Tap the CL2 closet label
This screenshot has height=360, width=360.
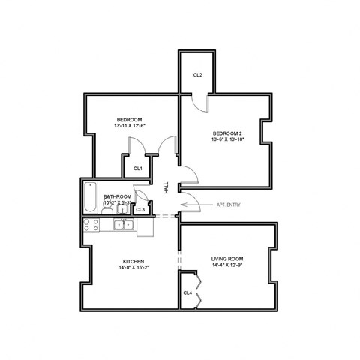[x=197, y=75]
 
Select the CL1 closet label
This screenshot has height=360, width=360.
[x=138, y=169]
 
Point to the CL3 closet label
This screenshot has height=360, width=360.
[x=140, y=209]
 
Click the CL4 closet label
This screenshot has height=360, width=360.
[x=187, y=292]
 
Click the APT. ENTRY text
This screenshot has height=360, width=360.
[x=229, y=205]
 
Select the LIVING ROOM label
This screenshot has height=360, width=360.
[x=227, y=259]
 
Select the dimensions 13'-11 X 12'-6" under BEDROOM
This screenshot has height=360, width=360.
[x=129, y=126]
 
